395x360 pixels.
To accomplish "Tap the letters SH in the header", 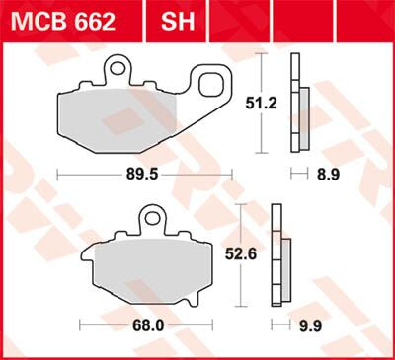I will click(x=176, y=21).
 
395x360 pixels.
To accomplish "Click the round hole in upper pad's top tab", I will click(x=120, y=69).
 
